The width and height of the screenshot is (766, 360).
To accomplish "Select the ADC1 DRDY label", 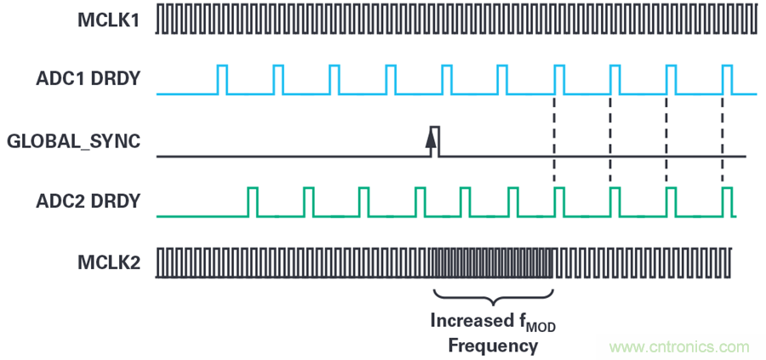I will (x=89, y=80).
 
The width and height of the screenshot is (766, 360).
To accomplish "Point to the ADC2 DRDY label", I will (x=89, y=202).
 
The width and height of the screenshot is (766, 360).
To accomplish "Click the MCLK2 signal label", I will (x=107, y=263).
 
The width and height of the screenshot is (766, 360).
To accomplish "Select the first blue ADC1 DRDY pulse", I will (x=222, y=79).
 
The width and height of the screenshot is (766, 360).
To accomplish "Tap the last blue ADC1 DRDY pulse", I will (x=727, y=79).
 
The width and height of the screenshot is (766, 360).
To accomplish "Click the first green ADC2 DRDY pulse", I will (x=252, y=202).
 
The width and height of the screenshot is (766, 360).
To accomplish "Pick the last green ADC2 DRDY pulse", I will (x=727, y=202).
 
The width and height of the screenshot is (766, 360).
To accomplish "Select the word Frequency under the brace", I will (x=493, y=346).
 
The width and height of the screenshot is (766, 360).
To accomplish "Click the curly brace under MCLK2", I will (x=493, y=298).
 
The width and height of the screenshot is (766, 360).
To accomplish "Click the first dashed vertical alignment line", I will (x=554, y=136).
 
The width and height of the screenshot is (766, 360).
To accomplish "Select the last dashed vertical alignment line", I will (x=723, y=136).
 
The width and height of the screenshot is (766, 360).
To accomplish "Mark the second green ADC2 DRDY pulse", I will (x=308, y=202).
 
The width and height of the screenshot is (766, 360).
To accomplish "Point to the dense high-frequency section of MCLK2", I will (x=493, y=263).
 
